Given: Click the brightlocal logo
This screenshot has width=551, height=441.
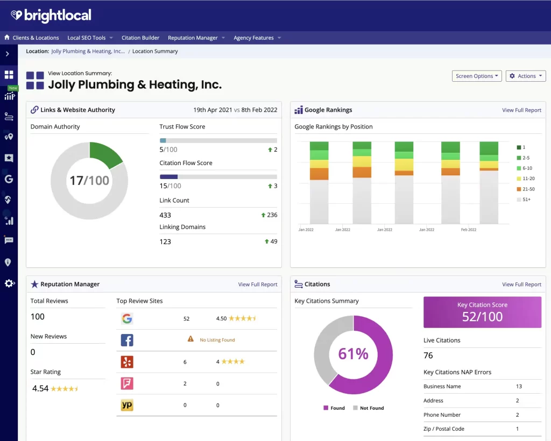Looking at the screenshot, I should coord(51,16).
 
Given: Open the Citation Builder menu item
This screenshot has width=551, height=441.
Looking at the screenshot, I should coord(140,38).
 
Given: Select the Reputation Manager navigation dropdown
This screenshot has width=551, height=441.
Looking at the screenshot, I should coord(196,38).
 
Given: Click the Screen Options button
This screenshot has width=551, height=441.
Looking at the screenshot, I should coord(477,76).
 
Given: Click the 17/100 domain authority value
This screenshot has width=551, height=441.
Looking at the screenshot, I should coord(89,181).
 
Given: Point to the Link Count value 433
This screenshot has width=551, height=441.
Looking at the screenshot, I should coord(165,215).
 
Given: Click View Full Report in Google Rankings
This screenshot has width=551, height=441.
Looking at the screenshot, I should coord(521,110).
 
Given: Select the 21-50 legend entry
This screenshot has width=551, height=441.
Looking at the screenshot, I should coord(528,189).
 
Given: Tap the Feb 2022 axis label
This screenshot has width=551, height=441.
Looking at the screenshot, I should coord(468,230).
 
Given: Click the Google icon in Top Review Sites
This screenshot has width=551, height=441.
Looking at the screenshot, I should coord(127,318).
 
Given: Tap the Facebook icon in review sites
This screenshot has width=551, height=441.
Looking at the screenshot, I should coord(127,340).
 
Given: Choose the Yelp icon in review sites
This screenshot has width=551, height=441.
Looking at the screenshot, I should coord(127,362).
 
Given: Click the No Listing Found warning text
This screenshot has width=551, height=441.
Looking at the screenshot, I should coord(217,340).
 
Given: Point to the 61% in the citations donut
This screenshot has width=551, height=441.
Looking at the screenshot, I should coord(353,354).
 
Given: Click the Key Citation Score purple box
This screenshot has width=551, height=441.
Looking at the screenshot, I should coord(482,312).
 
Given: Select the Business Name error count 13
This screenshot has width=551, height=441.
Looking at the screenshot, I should coord(519,386).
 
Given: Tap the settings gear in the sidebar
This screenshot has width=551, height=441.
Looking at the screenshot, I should coord(9,283).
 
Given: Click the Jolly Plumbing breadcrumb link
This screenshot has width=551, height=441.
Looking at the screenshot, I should coord(88,52).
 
